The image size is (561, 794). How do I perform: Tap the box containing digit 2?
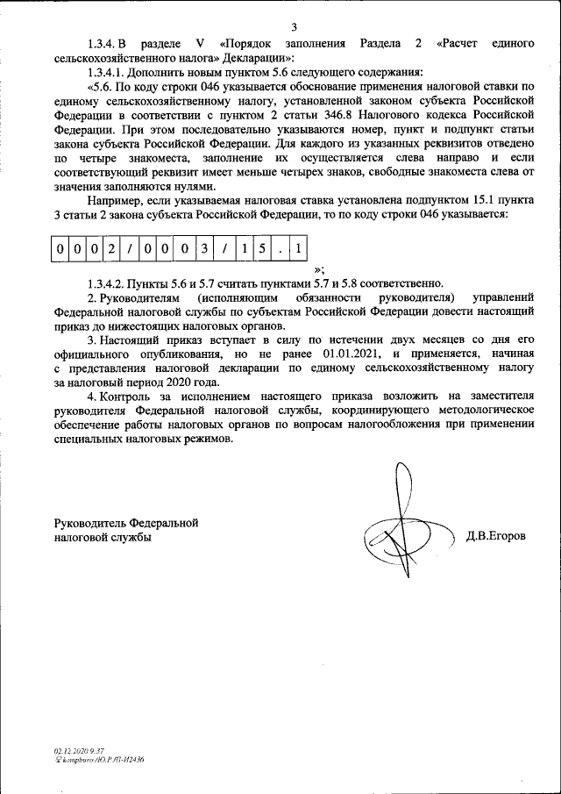(111, 249)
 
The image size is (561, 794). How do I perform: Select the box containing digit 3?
(203, 249)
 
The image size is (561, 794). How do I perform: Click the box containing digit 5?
(261, 249)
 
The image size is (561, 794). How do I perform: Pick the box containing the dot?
(280, 249)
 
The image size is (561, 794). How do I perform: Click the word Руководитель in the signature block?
(89, 523)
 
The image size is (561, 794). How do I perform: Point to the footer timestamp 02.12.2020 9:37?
(79, 752)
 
